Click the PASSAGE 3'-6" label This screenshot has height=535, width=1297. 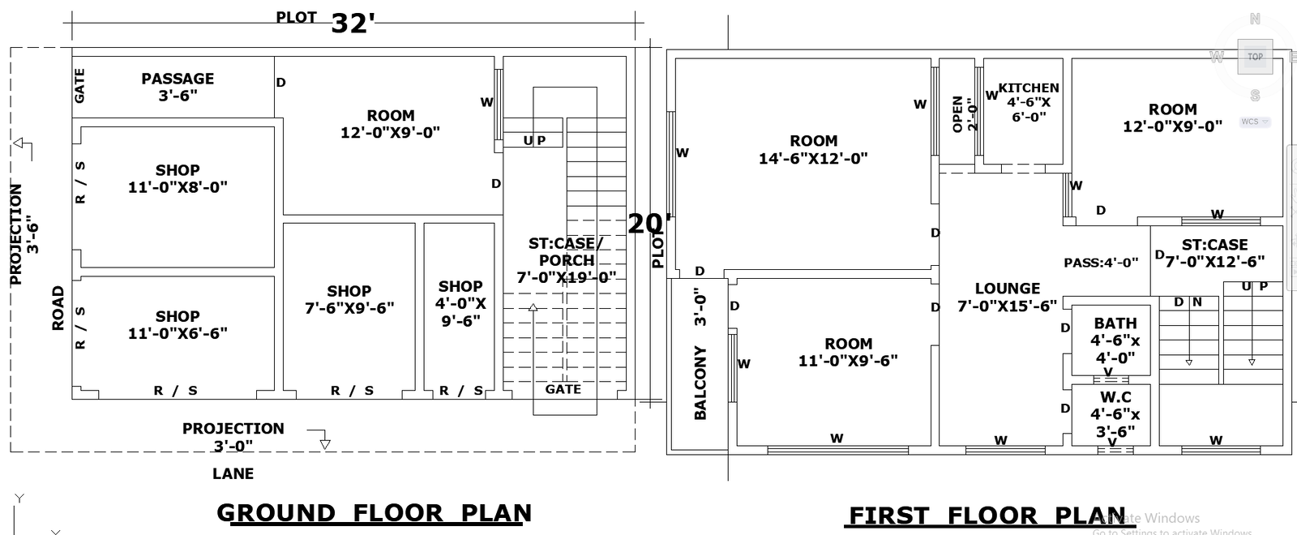(x=178, y=87)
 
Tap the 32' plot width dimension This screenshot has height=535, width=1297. (x=352, y=24)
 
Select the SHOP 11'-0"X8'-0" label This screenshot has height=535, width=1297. (x=178, y=178)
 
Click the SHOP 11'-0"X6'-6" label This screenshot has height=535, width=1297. (x=178, y=324)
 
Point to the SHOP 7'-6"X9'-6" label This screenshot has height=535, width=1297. (x=349, y=299)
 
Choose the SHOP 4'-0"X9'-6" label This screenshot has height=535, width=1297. (x=460, y=303)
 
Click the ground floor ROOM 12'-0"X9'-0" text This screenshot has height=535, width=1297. (x=390, y=124)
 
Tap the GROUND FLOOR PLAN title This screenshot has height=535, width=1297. (x=374, y=513)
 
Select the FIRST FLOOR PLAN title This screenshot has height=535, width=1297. (x=987, y=516)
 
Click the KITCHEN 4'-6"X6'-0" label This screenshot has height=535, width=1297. (x=1028, y=101)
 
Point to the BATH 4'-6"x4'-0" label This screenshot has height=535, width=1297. (x=1115, y=340)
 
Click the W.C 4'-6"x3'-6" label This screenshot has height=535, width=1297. (x=1115, y=414)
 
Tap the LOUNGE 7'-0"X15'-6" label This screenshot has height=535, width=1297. (x=1007, y=297)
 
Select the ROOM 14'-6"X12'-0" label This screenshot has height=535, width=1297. (x=813, y=150)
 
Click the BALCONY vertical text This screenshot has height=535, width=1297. (x=700, y=383)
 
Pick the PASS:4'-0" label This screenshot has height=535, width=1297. (x=1101, y=263)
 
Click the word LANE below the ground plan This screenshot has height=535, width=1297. (x=233, y=473)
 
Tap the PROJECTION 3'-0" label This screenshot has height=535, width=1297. (x=233, y=437)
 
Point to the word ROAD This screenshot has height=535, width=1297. (x=58, y=308)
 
